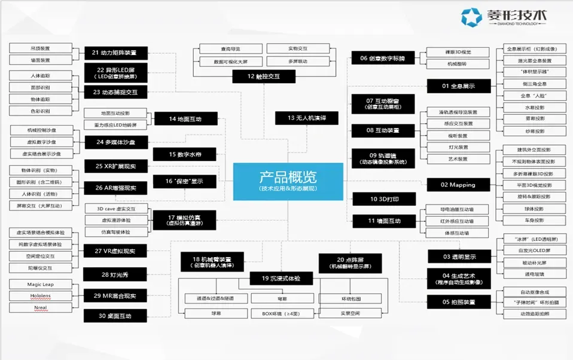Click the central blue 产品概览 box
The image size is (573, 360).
[287, 181]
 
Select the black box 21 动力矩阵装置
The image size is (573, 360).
[115, 53]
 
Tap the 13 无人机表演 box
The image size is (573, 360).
[306, 118]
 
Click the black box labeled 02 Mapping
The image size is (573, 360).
[458, 185]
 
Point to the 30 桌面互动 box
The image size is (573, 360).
[115, 316]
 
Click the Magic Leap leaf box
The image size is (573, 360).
[40, 285]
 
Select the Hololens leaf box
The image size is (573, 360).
[40, 296]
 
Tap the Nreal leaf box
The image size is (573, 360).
[40, 307]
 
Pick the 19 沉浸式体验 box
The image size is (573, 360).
[281, 279]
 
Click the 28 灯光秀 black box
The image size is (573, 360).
[115, 275]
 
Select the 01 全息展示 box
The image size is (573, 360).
[458, 86]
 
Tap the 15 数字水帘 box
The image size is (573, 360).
[185, 154]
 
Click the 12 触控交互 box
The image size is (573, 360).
[264, 76]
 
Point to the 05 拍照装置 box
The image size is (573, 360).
[458, 302]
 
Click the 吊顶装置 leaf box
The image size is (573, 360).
[40, 48]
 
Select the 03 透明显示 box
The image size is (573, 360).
[458, 257]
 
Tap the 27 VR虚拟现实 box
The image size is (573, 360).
[115, 251]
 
